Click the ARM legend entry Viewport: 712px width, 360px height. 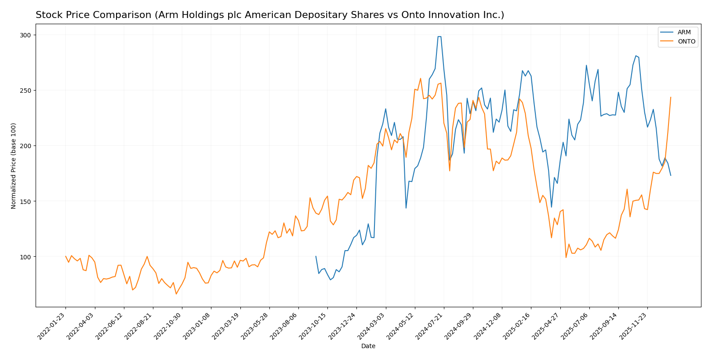pos(684,33)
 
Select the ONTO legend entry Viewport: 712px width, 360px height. pos(686,42)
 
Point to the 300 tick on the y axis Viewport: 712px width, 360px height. pos(27,35)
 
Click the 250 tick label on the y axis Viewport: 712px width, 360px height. pos(27,91)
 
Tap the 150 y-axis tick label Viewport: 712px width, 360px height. pos(27,201)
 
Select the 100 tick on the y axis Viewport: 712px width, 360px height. pos(27,257)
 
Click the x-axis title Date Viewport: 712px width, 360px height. pos(368,346)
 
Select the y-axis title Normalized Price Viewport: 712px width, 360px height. pos(14,166)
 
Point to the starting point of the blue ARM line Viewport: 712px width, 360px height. pos(316,256)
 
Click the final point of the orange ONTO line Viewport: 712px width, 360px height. pos(671,97)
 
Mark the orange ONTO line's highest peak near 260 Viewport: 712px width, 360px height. pos(421,79)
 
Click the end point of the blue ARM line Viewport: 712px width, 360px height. pos(671,175)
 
